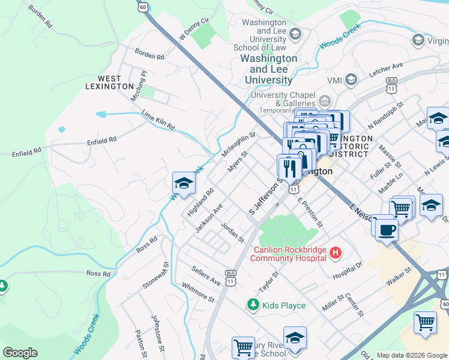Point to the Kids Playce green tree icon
tap(253, 305)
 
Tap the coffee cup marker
tap(387, 229)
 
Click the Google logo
tap(20, 353)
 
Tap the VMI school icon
tap(351, 79)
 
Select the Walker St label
tap(399, 277)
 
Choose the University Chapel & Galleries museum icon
tap(325, 100)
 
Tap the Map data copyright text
tap(412, 355)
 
